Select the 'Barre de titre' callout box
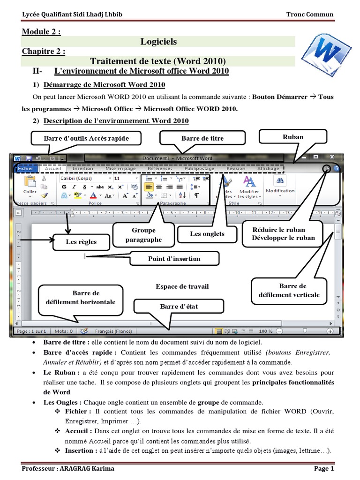point(202,138)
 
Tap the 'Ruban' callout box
point(293,137)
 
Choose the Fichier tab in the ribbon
point(25,168)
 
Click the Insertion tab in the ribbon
point(83,168)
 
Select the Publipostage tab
point(200,168)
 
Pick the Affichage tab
point(269,168)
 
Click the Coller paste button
point(30,185)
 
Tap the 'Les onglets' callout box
point(207,233)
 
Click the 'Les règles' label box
point(81,242)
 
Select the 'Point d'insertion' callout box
point(174,258)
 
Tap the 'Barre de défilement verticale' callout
point(292,291)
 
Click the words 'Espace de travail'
point(182,286)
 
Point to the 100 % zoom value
point(265,331)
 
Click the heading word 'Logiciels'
point(158,42)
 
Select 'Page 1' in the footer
point(324,468)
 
